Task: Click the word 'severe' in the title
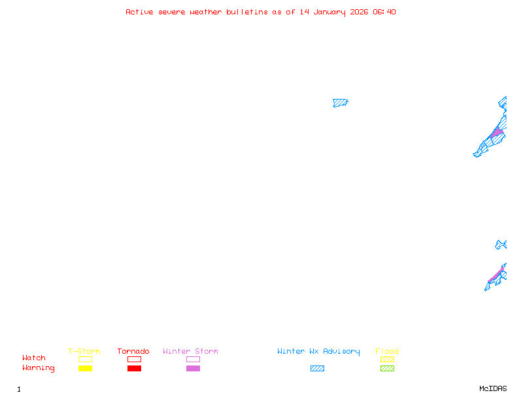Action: pyautogui.click(x=172, y=12)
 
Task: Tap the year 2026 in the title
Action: pyautogui.click(x=359, y=12)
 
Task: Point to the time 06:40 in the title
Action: pyautogui.click(x=384, y=12)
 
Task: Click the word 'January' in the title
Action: pyautogui.click(x=329, y=12)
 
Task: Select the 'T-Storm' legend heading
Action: pyautogui.click(x=84, y=351)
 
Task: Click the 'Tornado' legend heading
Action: pyautogui.click(x=133, y=351)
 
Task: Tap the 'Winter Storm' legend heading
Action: pyautogui.click(x=190, y=351)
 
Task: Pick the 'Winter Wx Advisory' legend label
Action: pyautogui.click(x=318, y=352)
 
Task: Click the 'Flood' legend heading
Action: pyautogui.click(x=387, y=351)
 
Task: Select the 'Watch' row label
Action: pyautogui.click(x=34, y=358)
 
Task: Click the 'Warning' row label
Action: pyautogui.click(x=39, y=368)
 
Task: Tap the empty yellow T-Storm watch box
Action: pyautogui.click(x=86, y=359)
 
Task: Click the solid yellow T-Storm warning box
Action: pyautogui.click(x=86, y=368)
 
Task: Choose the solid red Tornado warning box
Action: pyautogui.click(x=135, y=368)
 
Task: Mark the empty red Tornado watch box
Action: pyautogui.click(x=135, y=359)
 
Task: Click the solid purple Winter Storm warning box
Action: pyautogui.click(x=193, y=368)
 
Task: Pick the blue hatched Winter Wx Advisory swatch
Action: pyautogui.click(x=317, y=368)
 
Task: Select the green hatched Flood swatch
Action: pyautogui.click(x=387, y=368)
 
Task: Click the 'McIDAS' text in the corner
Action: pyautogui.click(x=493, y=388)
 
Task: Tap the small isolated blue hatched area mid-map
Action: pyautogui.click(x=340, y=103)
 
